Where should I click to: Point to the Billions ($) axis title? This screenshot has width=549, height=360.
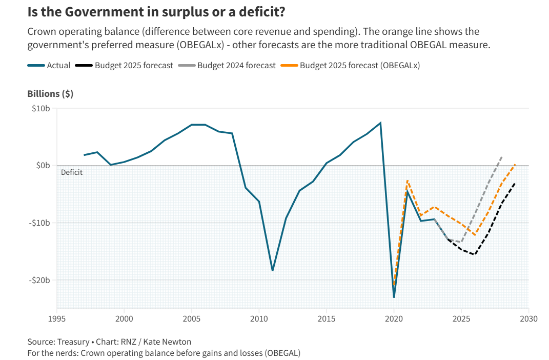tap(50, 94)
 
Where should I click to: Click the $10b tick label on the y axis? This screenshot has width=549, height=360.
tap(39, 108)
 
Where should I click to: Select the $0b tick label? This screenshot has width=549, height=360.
tap(42, 165)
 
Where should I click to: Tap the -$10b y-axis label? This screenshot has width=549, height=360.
tap(38, 223)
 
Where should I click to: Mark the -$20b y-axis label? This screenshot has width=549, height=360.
tap(38, 280)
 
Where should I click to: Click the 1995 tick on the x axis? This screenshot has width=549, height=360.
tap(57, 318)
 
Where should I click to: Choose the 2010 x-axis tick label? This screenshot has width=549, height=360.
tap(259, 318)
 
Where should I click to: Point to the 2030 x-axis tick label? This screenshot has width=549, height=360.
tap(528, 318)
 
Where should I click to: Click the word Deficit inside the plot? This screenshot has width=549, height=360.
tap(72, 172)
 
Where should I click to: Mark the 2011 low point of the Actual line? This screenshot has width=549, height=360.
tap(273, 270)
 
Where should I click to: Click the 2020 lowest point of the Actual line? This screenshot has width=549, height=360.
tap(394, 297)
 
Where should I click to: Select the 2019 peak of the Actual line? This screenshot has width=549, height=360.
tap(380, 123)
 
